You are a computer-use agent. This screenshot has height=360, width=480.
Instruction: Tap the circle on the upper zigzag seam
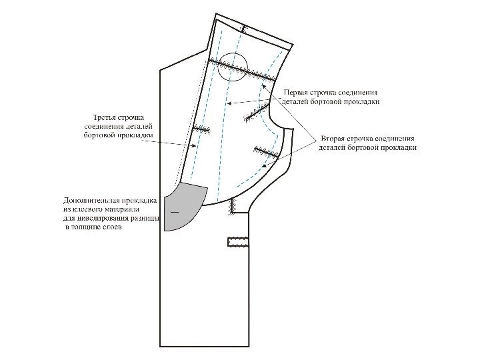tap(234, 67)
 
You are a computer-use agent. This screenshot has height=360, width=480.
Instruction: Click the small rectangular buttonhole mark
tap(238, 241)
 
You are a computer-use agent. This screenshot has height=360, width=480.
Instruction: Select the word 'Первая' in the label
tap(297, 92)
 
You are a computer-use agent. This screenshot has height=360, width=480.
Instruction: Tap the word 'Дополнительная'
tap(91, 200)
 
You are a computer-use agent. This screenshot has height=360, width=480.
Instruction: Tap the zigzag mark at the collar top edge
tap(244, 29)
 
